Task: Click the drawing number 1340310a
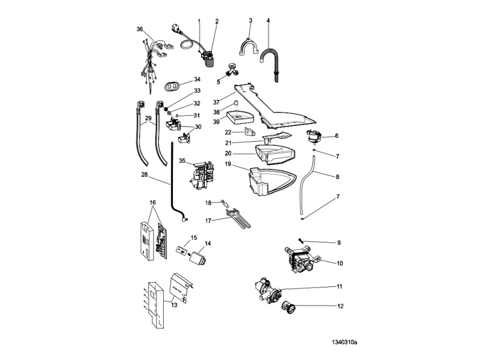click(346, 342)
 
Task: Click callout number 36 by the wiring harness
click(139, 29)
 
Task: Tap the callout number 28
click(145, 175)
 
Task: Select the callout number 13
click(173, 304)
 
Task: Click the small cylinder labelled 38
click(233, 103)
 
